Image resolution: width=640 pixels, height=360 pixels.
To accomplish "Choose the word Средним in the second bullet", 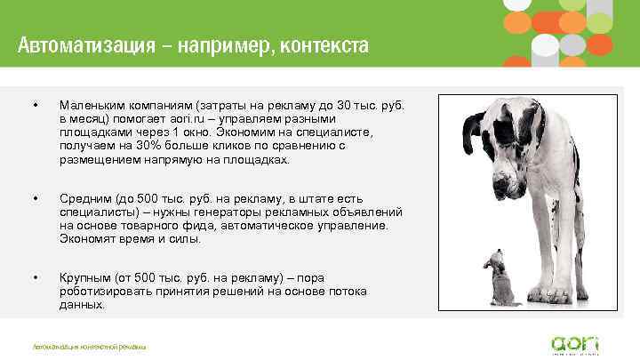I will (x=84, y=198).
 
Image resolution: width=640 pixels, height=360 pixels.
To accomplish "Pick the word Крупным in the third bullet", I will (x=86, y=278).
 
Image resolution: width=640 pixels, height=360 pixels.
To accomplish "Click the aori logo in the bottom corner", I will (x=575, y=343).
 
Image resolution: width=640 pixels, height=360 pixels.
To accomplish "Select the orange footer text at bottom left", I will (x=89, y=346).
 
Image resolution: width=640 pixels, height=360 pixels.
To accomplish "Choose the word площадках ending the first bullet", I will (x=258, y=159).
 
